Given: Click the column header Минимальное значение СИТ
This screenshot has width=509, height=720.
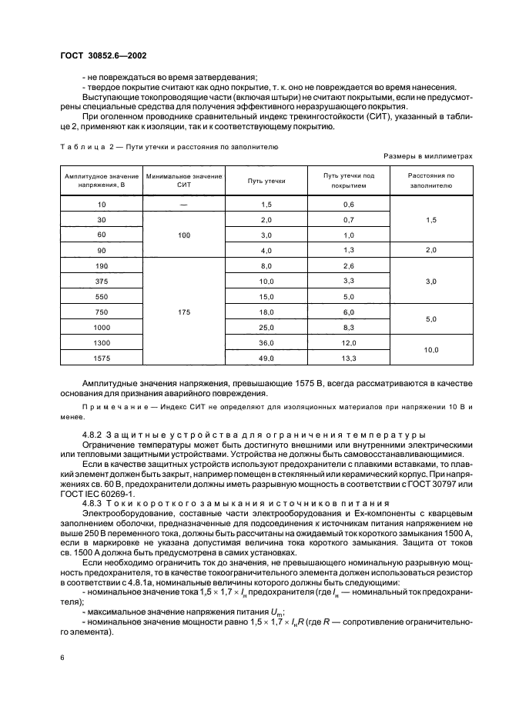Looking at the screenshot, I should [x=183, y=181].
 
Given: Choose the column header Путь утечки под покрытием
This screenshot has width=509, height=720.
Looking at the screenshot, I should [x=348, y=181].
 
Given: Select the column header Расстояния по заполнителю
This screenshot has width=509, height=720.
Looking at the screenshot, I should [x=431, y=181].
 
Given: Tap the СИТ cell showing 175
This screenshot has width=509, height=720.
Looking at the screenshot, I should [x=183, y=312].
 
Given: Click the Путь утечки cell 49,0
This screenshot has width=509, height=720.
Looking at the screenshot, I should [x=266, y=358].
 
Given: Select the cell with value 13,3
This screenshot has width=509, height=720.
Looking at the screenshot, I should [x=348, y=358].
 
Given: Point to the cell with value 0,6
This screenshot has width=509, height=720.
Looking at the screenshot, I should [x=348, y=204].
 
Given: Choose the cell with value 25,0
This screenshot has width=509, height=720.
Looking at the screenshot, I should [x=266, y=327].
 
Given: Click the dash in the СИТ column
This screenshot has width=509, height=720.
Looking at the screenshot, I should [x=183, y=204].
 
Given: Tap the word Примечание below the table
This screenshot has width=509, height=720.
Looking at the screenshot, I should [x=113, y=405].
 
